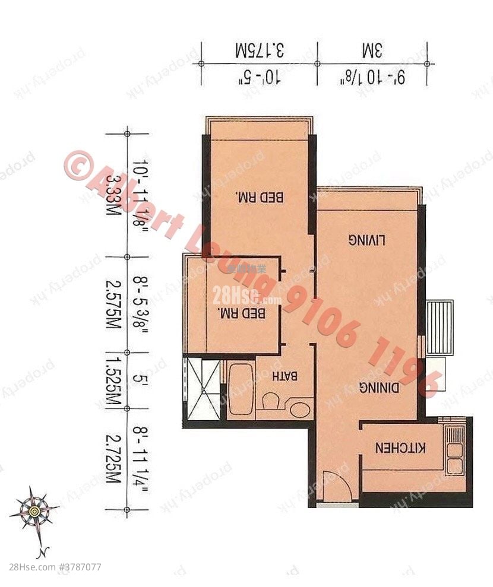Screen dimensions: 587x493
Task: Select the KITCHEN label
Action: [x=401, y=448]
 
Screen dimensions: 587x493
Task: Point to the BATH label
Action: [x=285, y=376]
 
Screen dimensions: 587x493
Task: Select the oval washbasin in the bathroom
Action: [x=300, y=409]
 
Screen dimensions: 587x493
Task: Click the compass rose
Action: [x=34, y=510]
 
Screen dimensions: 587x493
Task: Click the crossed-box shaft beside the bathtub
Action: [x=201, y=389]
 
